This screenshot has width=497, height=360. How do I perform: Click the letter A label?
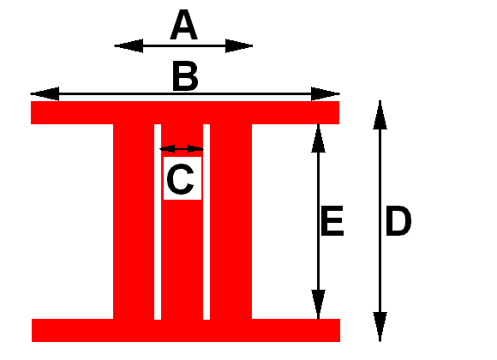pyautogui.click(x=184, y=25)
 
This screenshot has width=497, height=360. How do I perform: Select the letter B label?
pyautogui.click(x=185, y=76)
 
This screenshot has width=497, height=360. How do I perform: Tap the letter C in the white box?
pyautogui.click(x=180, y=179)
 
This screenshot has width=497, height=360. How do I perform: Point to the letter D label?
pyautogui.click(x=398, y=221)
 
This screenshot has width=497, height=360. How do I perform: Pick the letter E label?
pyautogui.click(x=332, y=221)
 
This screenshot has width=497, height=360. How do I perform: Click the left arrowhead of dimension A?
pyautogui.click(x=129, y=46)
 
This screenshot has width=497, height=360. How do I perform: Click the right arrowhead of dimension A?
pyautogui.click(x=239, y=46)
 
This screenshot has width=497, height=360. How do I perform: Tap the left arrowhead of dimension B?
pyautogui.click(x=45, y=93)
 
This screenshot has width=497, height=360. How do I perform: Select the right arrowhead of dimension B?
pyautogui.click(x=326, y=93)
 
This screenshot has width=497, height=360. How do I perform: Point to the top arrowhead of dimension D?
pyautogui.click(x=380, y=115)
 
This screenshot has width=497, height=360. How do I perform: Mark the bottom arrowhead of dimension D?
pyautogui.click(x=380, y=327)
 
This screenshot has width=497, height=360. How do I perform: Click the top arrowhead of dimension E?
pyautogui.click(x=318, y=138)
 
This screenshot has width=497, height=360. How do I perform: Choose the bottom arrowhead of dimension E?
pyautogui.click(x=318, y=304)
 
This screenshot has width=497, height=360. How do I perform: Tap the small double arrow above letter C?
pyautogui.click(x=182, y=149)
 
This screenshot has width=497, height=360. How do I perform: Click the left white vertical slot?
pyautogui.click(x=158, y=222)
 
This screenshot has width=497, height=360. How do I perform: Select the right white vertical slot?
pyautogui.click(x=207, y=222)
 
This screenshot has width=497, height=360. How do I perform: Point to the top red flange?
pyautogui.click(x=185, y=112)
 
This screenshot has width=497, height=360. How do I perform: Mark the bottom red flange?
pyautogui.click(x=186, y=330)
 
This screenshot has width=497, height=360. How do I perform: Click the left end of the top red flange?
pyautogui.click(x=31, y=112)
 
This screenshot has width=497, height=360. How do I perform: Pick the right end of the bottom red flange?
pyautogui.click(x=340, y=330)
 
